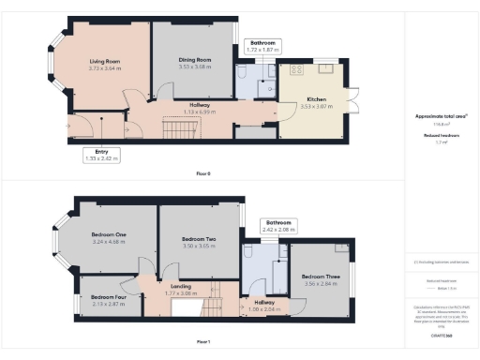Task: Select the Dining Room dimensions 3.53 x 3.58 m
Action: pyautogui.click(x=195, y=67)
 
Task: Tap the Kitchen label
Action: pyautogui.click(x=312, y=101)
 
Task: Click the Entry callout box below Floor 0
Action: pyautogui.click(x=100, y=154)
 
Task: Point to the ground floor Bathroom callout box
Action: pyautogui.click(x=262, y=46)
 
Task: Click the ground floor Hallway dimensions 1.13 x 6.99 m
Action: pyautogui.click(x=199, y=112)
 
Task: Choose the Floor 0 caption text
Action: pyautogui.click(x=203, y=173)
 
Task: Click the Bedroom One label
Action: pyautogui.click(x=108, y=234)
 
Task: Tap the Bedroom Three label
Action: pyautogui.click(x=321, y=277)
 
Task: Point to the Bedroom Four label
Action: pyautogui.click(x=108, y=297)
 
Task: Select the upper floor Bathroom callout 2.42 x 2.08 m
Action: pyautogui.click(x=278, y=225)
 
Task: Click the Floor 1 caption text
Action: pyautogui.click(x=203, y=340)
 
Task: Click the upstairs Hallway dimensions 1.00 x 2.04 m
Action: pyautogui.click(x=265, y=308)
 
